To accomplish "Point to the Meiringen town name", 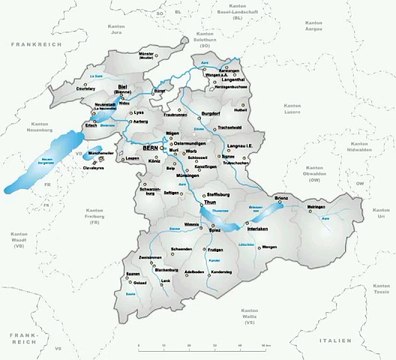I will pos(317,208).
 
